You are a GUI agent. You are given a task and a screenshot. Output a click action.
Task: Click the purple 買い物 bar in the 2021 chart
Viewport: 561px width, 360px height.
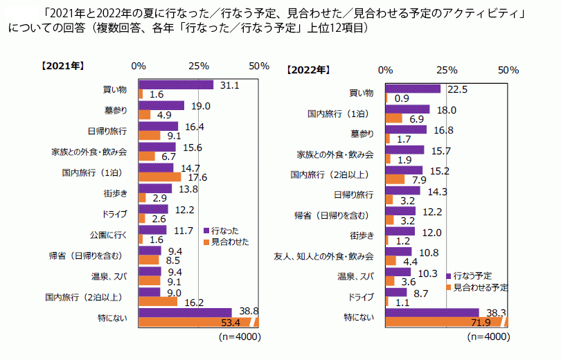coord(176,85)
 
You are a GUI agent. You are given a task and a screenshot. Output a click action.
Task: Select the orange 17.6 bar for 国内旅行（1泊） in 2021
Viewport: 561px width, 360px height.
coord(159,177)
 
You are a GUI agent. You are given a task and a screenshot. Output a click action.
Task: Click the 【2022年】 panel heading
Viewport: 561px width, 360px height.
coord(308,70)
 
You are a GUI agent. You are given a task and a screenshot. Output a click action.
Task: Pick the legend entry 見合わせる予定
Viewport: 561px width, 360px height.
coord(481,286)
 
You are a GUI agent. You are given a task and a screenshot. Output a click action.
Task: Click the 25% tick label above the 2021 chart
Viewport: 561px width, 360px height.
coord(198,66)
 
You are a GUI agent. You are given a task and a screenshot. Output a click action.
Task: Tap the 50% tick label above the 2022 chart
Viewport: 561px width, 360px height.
coord(508,70)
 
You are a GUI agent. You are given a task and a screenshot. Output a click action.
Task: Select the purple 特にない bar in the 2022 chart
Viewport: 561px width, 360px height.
coord(432,312)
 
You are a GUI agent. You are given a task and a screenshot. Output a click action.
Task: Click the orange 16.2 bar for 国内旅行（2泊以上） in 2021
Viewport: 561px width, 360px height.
coord(158,302)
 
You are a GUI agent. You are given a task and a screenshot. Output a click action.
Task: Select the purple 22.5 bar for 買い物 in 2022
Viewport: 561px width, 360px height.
coord(413,89)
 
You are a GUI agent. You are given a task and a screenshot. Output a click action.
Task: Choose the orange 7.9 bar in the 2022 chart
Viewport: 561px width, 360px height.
coord(395,179)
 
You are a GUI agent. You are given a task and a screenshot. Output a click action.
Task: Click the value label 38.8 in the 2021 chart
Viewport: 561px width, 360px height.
coord(245,312)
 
